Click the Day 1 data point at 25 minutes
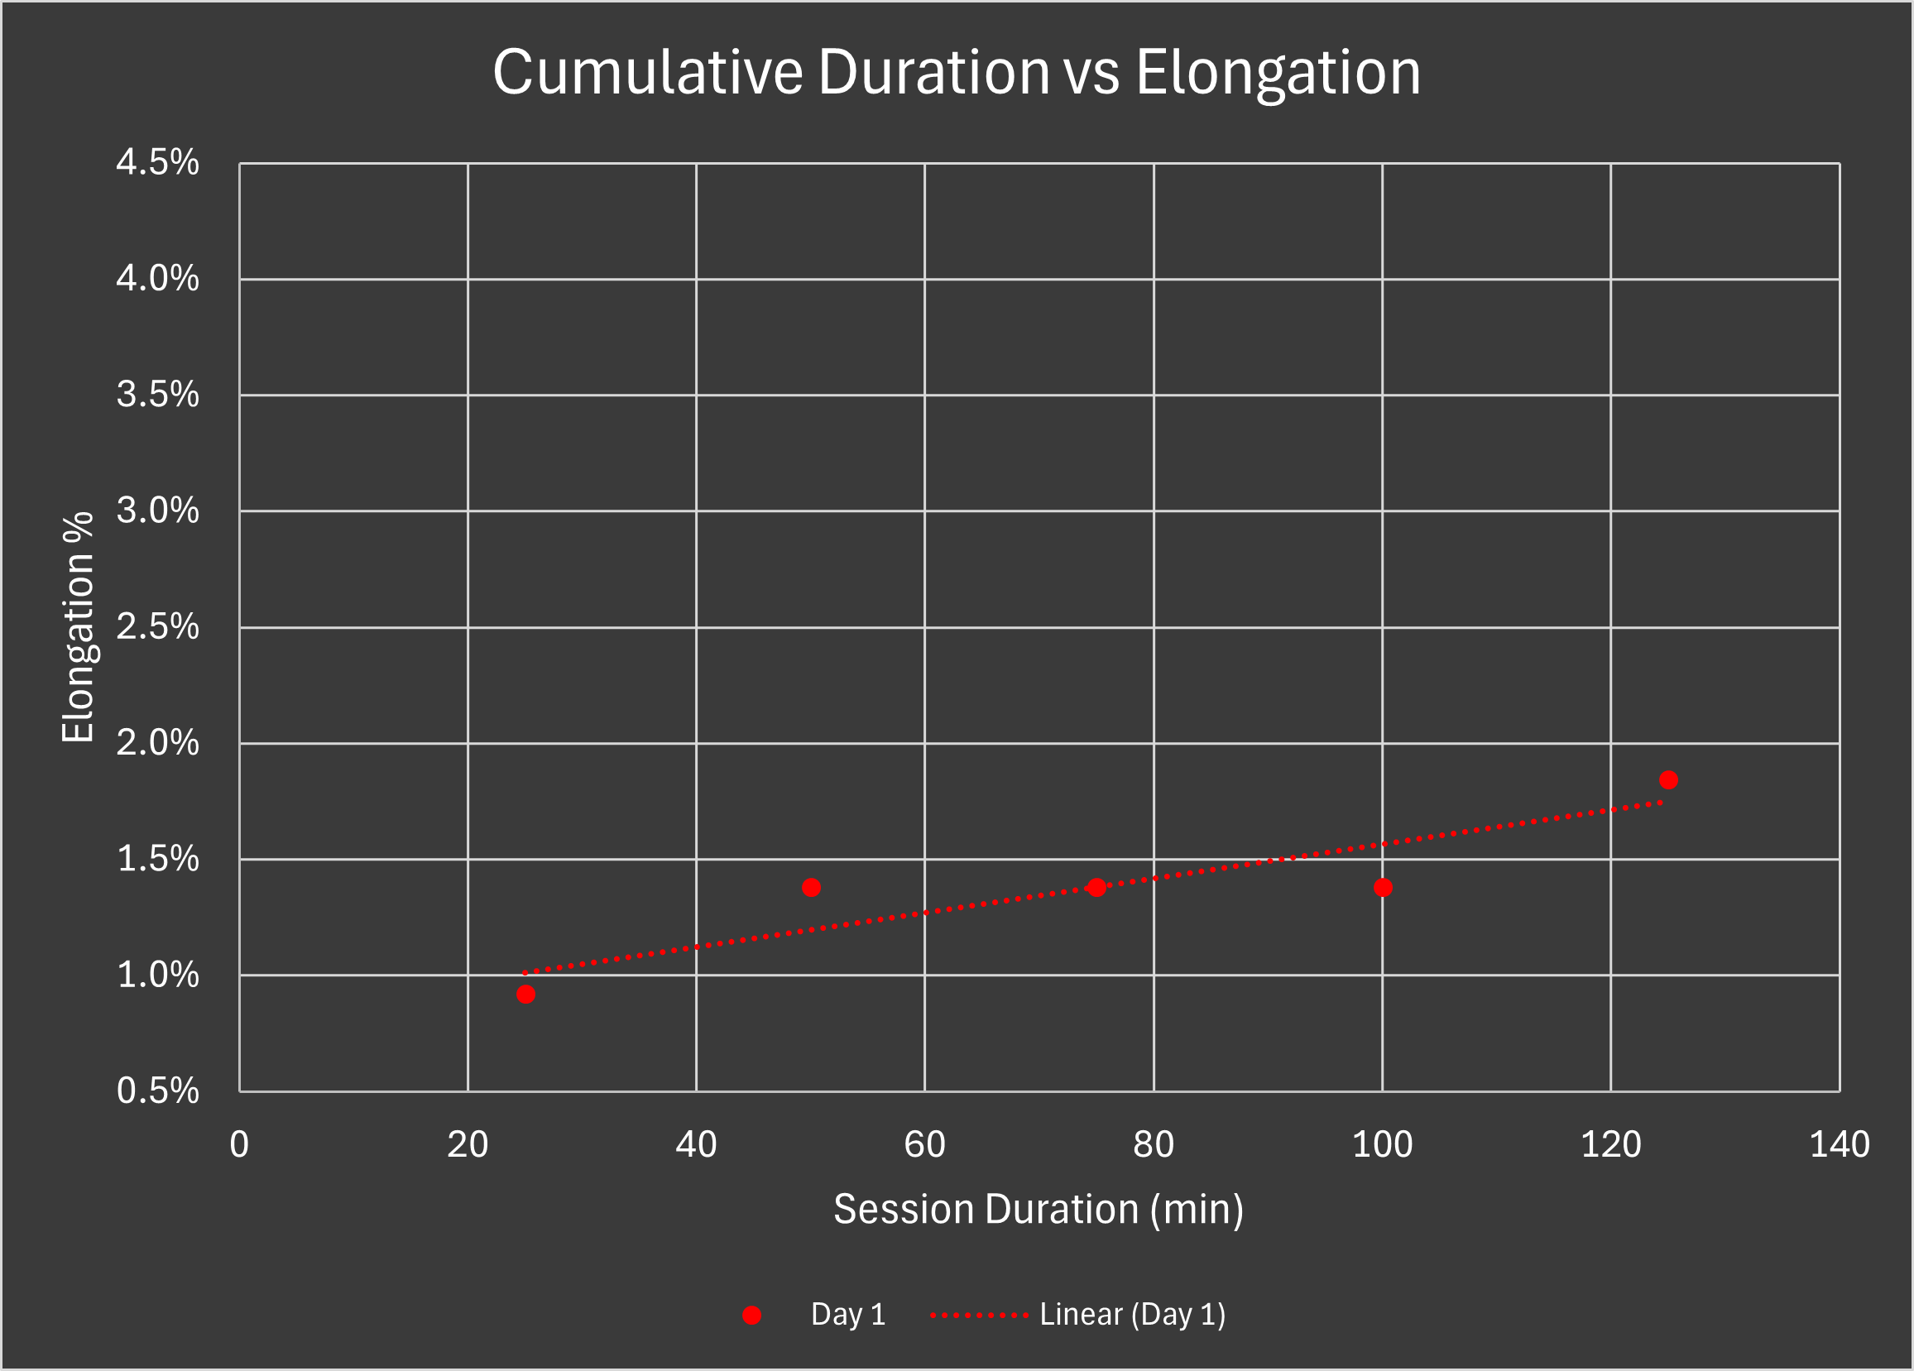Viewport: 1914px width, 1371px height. click(525, 995)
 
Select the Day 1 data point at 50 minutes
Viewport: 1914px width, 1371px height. click(811, 888)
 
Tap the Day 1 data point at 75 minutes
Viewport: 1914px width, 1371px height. click(1096, 888)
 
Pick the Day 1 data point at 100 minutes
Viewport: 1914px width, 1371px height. click(1382, 888)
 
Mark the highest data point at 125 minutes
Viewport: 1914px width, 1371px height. click(1668, 780)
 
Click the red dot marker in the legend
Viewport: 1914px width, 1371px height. click(752, 1316)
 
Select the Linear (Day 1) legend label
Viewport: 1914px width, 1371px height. click(1133, 1315)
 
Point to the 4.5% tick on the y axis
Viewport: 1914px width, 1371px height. click(158, 162)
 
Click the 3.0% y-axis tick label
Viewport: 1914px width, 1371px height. click(158, 511)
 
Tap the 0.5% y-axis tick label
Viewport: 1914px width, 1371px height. click(158, 1091)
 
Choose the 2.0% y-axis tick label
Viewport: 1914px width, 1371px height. click(158, 743)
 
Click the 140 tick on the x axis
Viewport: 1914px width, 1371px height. click(1840, 1145)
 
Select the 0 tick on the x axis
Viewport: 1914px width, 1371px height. click(240, 1145)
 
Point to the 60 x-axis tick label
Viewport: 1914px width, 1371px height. click(925, 1145)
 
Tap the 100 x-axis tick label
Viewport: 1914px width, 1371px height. click(1382, 1145)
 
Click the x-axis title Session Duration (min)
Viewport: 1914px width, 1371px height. click(1039, 1210)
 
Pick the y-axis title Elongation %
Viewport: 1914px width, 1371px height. click(79, 627)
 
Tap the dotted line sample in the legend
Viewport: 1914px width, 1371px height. click(979, 1316)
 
